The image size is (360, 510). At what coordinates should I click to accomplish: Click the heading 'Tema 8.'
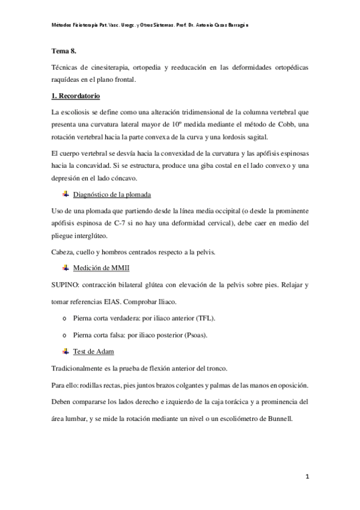point(63,51)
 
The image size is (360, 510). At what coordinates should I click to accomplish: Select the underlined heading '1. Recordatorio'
point(75,96)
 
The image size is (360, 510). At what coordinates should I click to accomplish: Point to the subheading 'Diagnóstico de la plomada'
point(111,195)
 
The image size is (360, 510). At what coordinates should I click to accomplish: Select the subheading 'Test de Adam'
point(94,351)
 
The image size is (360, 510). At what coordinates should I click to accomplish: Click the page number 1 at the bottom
point(307,477)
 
